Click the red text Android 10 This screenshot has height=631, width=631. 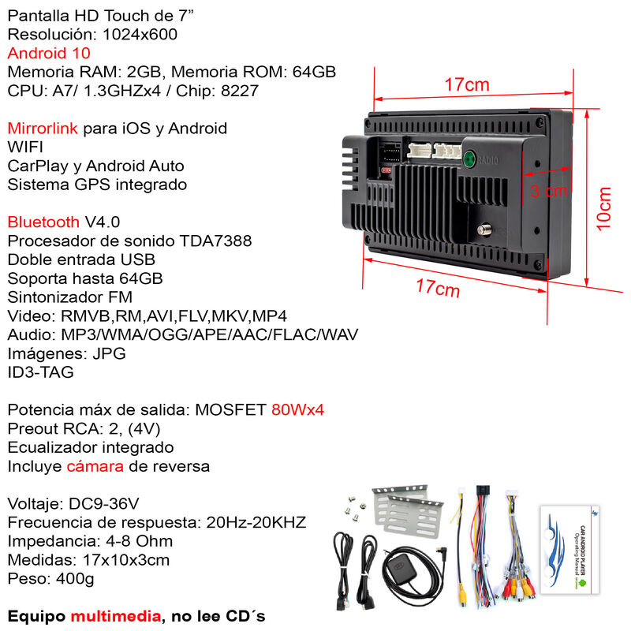[x=49, y=53]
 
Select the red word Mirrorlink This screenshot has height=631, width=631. [x=43, y=129]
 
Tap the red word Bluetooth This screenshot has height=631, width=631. [x=43, y=222]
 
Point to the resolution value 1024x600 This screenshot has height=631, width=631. [x=140, y=35]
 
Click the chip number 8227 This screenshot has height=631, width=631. [x=240, y=91]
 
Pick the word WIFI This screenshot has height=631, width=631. [x=25, y=147]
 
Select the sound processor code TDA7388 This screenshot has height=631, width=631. [x=215, y=241]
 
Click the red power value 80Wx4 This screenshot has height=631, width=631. [x=298, y=409]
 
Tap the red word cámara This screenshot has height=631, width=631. [x=95, y=466]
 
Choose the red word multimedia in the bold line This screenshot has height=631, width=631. [x=116, y=616]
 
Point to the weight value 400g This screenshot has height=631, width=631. [x=75, y=579]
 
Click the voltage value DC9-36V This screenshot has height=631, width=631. [x=104, y=504]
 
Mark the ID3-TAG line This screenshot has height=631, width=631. [x=41, y=372]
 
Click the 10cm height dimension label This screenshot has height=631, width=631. [x=603, y=209]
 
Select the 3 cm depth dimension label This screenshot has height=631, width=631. [x=548, y=191]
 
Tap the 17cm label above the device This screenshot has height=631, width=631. [x=467, y=85]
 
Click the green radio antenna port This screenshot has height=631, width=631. [x=469, y=159]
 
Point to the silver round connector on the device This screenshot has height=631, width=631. [x=484, y=230]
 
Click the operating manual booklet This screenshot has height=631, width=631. [x=569, y=550]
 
